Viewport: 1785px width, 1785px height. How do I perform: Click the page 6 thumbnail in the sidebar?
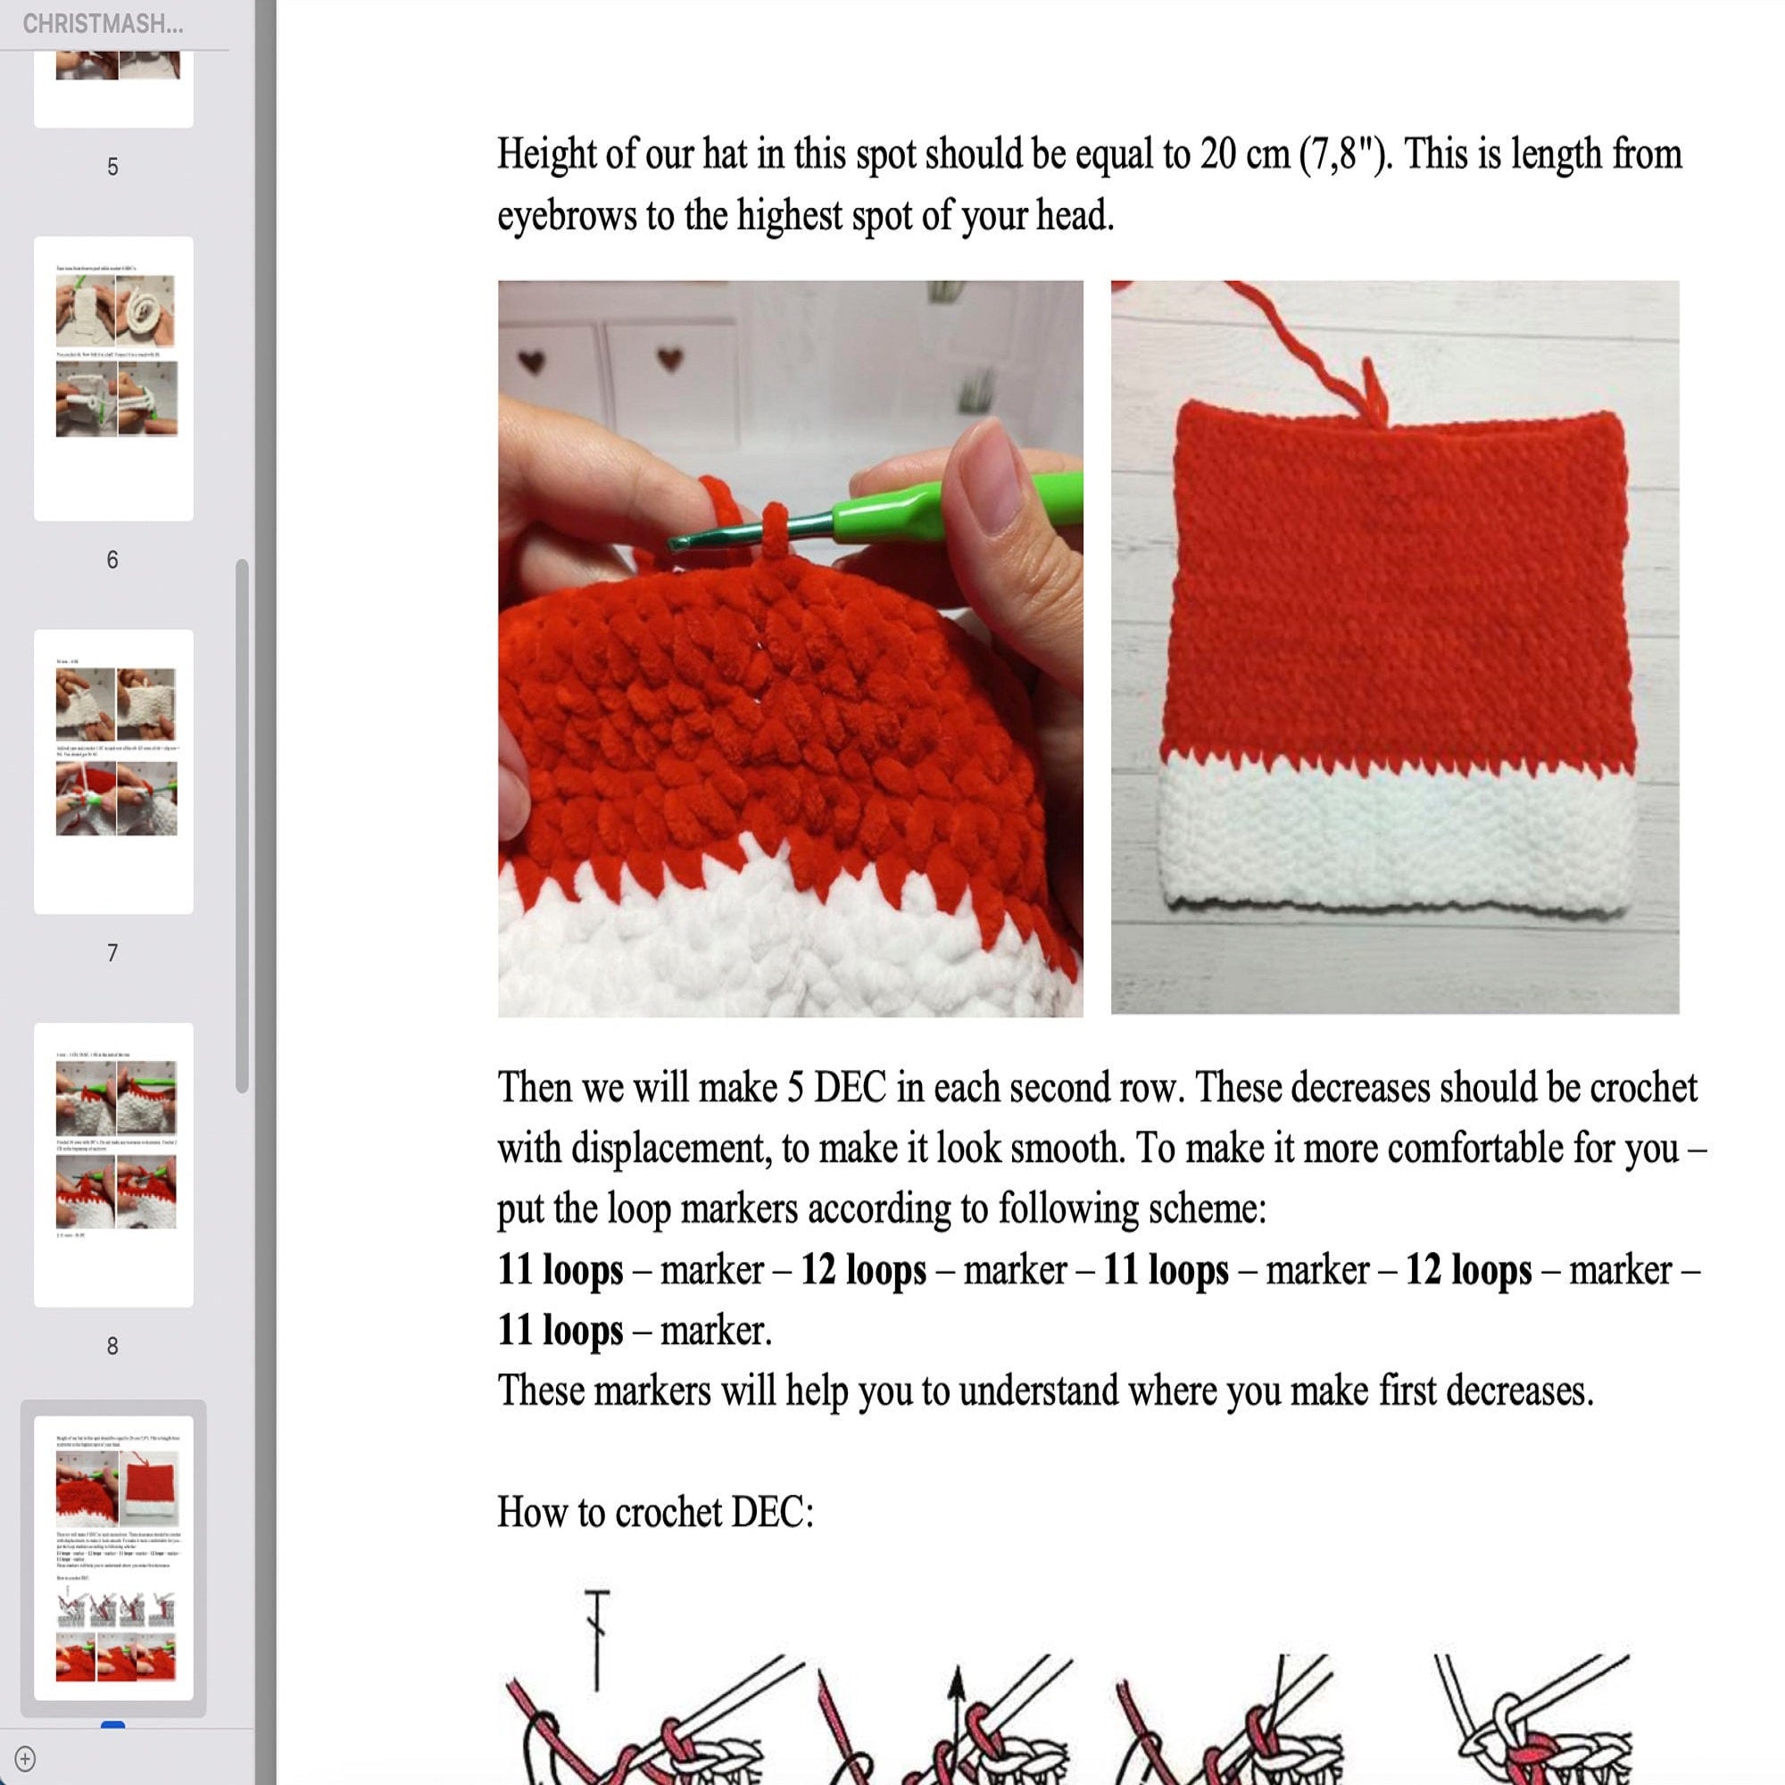(x=113, y=378)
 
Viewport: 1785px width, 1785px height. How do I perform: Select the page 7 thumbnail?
(x=113, y=771)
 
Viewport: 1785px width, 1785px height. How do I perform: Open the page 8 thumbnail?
(x=113, y=1164)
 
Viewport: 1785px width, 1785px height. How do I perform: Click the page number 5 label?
(x=112, y=167)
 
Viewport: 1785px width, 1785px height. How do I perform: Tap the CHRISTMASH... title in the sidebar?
(x=103, y=24)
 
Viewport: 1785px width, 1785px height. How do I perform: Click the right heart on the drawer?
(x=671, y=358)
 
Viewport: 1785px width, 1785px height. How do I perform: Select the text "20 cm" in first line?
(x=1244, y=154)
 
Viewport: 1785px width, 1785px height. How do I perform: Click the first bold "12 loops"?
(x=863, y=1270)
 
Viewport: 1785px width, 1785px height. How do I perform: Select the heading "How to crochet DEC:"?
(x=655, y=1513)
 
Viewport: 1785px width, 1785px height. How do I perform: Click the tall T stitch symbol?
(x=597, y=1640)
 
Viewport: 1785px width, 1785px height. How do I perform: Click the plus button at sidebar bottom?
(x=25, y=1758)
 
